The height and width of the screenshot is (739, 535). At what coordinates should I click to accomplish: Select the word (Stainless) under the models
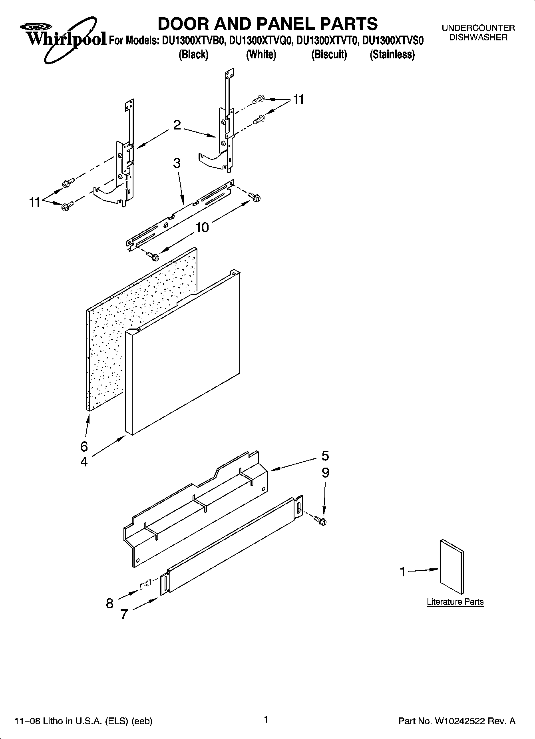392,54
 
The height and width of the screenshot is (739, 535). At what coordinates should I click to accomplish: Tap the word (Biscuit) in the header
329,54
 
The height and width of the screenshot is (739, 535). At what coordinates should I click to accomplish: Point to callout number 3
177,163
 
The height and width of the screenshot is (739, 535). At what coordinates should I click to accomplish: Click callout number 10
202,227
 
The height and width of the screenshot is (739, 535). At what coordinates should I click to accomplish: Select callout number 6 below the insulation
84,446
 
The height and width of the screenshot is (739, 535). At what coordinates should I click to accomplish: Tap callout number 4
84,462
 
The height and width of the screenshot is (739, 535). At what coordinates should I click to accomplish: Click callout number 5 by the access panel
325,456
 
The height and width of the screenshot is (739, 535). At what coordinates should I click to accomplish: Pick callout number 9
325,473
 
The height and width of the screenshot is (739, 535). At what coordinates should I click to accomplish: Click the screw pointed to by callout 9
320,520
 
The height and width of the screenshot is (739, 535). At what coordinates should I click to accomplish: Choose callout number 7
124,614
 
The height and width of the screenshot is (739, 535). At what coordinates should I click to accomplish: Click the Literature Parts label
455,602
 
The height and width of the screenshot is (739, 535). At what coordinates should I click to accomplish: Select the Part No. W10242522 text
457,721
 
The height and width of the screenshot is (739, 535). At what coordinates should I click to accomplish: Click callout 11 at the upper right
298,100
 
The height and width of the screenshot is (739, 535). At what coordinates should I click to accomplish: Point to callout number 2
177,125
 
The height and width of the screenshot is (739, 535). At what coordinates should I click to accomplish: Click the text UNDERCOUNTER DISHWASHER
478,33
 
